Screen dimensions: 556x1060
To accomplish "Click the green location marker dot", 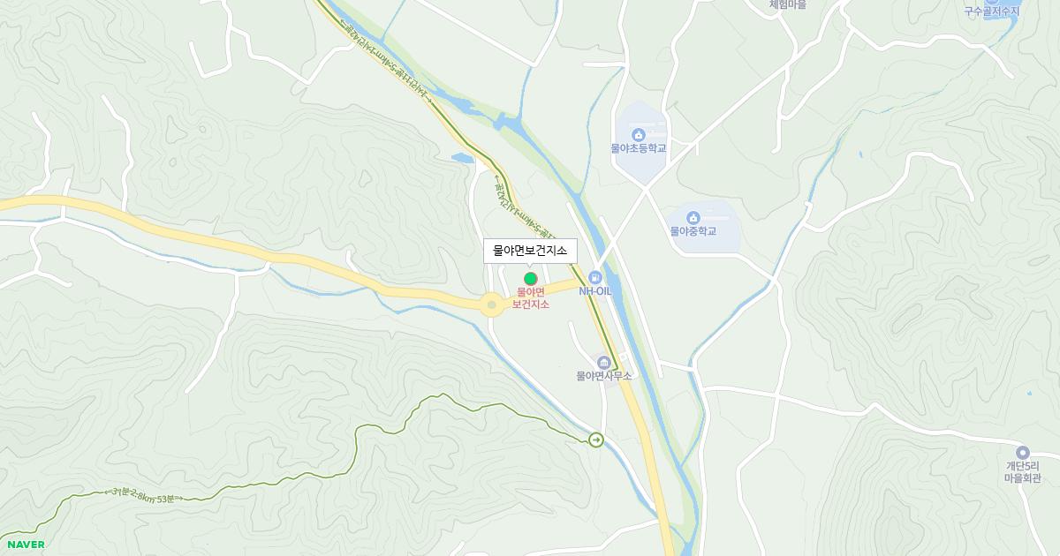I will coord(531,279).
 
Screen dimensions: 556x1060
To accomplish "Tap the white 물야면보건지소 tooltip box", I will coord(530,251).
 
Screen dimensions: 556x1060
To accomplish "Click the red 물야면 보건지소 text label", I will coord(531,298).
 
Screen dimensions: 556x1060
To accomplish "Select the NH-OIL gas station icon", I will coord(595,277).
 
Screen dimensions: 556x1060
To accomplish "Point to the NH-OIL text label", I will coord(595,291).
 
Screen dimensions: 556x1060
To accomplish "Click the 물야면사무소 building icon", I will coord(604,363).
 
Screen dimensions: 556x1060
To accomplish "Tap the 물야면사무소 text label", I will coord(604,376).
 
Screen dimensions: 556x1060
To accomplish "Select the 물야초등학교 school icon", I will coord(639,135).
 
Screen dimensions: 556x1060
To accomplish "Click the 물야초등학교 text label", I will coord(639,148).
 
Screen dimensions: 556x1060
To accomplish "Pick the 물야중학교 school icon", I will coord(693,218).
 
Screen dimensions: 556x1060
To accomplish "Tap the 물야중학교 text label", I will coord(693,231).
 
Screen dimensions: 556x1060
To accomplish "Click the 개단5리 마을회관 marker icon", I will coord(1023,453).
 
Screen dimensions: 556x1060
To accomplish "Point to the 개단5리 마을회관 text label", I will coord(1023,472).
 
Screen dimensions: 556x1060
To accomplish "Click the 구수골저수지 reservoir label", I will coord(991,11).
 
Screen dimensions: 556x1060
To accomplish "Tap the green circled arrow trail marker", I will coord(596,440).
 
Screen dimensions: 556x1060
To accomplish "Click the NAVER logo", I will coord(26,545).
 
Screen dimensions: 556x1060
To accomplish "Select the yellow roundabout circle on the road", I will coord(492,305).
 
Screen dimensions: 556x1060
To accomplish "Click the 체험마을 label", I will coord(787,4).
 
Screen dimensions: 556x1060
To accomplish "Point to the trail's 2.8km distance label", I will coord(143,495).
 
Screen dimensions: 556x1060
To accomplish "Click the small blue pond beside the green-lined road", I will coord(462,159).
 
